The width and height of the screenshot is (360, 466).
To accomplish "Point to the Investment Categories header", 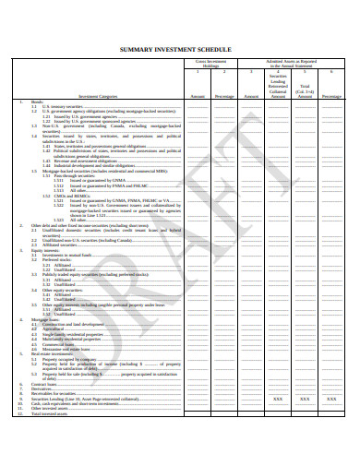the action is (98, 95).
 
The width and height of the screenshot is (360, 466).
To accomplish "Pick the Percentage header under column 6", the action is (331, 95).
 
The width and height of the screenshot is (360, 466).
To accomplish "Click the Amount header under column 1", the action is (198, 95).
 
